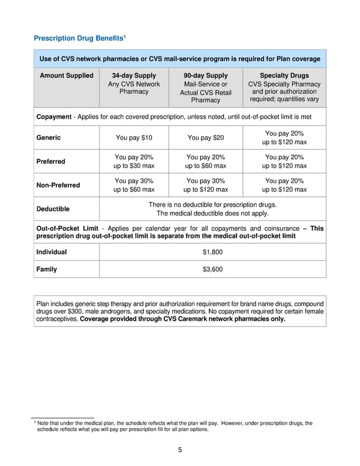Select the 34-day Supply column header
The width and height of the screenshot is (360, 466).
tap(134, 76)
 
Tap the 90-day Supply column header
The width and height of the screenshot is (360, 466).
tap(205, 76)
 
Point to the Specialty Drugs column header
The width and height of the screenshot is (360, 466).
tap(284, 76)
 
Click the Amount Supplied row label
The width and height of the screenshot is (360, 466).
tap(67, 76)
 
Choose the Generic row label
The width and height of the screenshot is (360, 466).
tap(49, 138)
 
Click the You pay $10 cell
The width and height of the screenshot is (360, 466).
tap(134, 138)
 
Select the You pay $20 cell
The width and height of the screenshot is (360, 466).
tap(205, 138)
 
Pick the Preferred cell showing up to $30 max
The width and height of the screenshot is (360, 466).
tap(134, 162)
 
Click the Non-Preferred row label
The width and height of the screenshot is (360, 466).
tap(58, 185)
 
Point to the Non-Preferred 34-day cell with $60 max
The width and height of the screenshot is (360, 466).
tap(134, 185)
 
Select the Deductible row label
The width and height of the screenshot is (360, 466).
tap(53, 209)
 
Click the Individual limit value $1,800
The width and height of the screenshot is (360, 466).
tap(213, 252)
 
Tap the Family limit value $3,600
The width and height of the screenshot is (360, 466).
tap(213, 270)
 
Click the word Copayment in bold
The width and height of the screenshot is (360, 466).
tap(54, 116)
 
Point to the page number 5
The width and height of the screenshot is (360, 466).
tap(180, 450)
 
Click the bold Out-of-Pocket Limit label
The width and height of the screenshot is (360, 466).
tap(67, 228)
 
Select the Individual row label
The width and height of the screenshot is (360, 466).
tap(52, 252)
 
